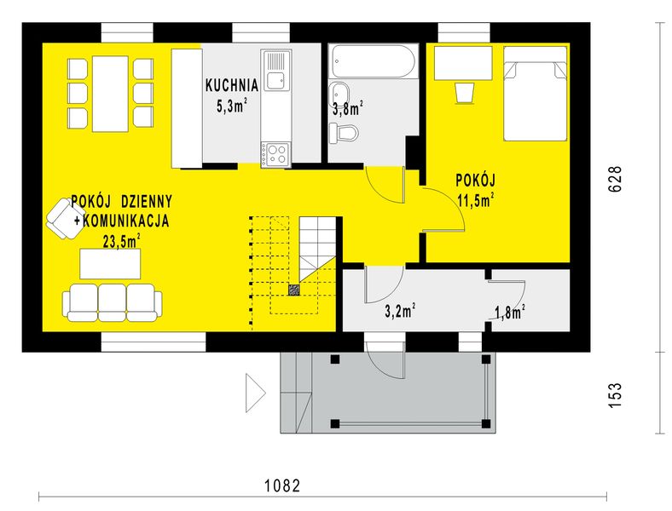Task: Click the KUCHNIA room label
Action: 231,85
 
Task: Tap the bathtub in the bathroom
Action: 373,61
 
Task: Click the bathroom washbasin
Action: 339,94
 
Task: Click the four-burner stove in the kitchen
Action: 276,153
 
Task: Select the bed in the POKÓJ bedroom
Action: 535,93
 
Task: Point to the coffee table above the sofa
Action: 111,263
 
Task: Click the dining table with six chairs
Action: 109,93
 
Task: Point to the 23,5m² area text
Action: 122,241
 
